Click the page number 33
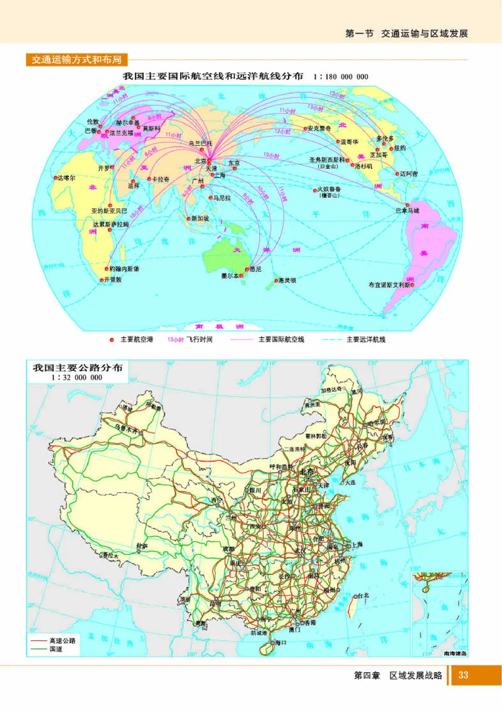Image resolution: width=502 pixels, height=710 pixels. click(x=464, y=675)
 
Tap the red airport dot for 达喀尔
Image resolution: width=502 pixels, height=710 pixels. click(x=55, y=178)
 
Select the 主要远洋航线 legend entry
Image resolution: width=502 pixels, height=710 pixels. click(x=365, y=340)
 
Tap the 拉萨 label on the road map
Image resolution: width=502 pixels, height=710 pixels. click(x=142, y=546)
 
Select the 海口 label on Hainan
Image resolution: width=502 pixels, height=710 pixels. click(x=279, y=642)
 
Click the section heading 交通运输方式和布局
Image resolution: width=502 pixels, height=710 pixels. click(x=77, y=60)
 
